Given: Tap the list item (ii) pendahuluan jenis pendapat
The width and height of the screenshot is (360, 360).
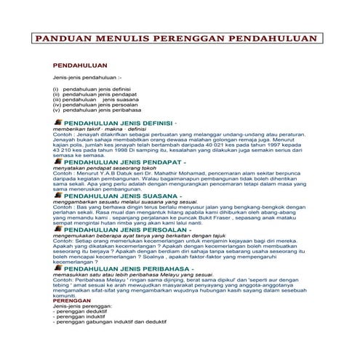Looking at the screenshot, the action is pos(91,94).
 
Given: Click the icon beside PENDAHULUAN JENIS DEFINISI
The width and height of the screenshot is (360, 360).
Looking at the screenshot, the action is pos(57,124).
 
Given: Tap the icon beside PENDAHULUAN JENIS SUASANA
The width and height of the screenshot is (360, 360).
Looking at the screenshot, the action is pos(57,196).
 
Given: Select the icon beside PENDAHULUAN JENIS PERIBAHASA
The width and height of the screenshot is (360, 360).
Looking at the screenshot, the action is pos(57,268).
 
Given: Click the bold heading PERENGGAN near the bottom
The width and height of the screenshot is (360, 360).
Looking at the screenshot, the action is pos(71,300).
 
